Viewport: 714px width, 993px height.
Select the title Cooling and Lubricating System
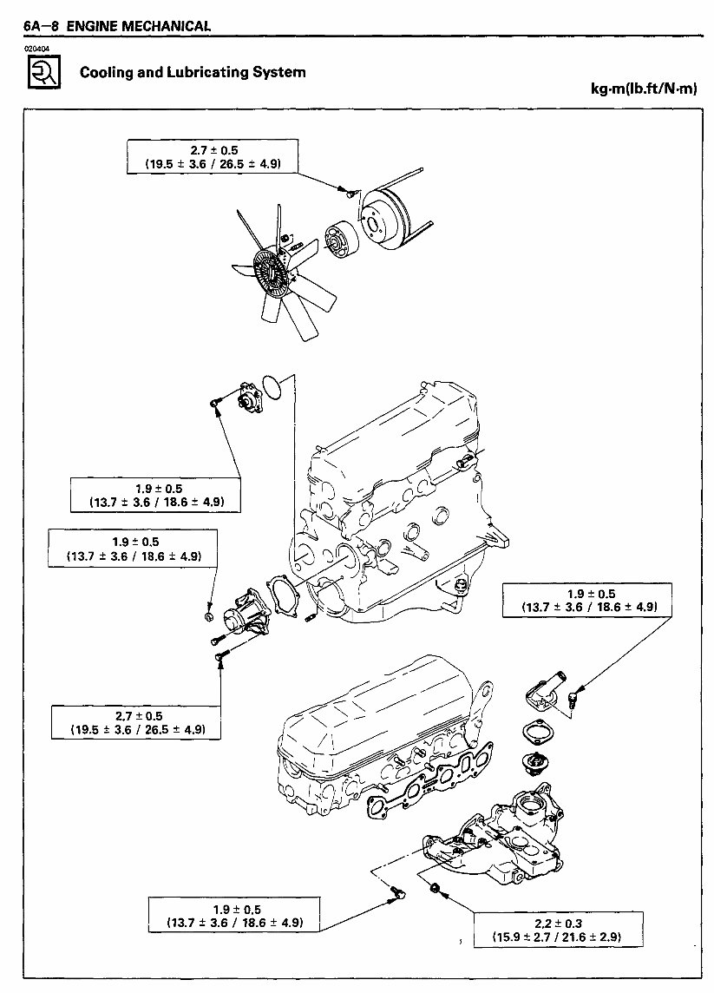point(193,72)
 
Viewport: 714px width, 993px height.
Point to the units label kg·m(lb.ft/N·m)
point(643,89)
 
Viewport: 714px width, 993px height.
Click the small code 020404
point(38,49)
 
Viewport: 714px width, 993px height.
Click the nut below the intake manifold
point(436,888)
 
